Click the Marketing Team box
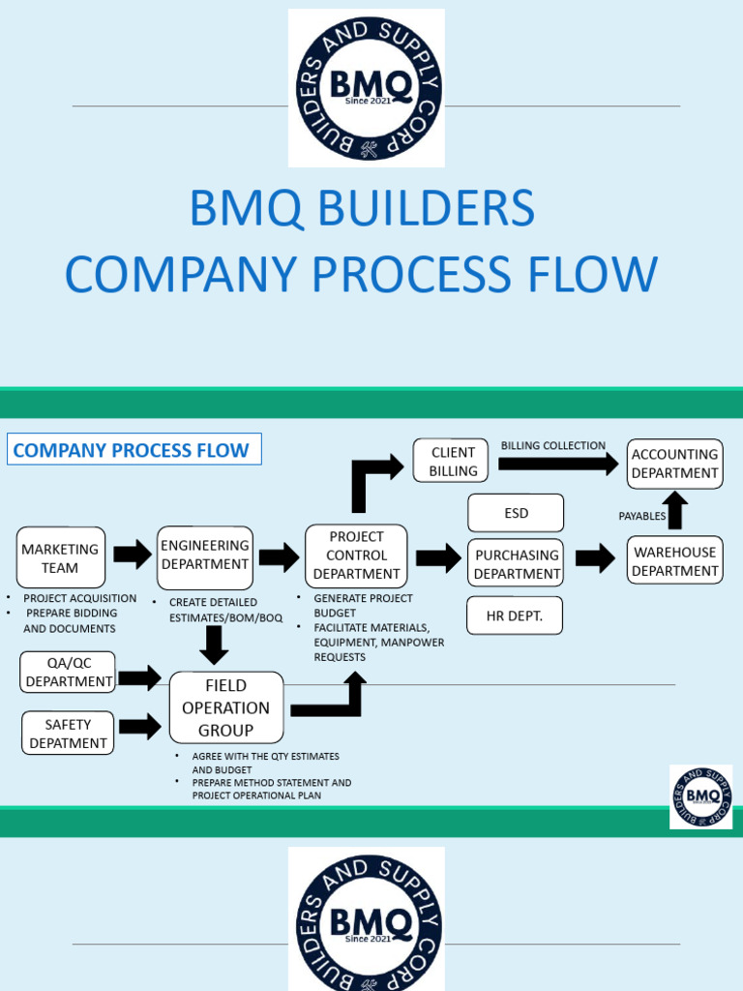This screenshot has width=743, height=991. pos(61,557)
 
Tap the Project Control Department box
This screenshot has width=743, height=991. pos(356,556)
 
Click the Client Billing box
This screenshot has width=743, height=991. pos(453,462)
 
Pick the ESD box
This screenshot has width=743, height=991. pos(516,513)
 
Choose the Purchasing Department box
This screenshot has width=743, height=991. pos(516,564)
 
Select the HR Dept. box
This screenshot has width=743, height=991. pos(515,616)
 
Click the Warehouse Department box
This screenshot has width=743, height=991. pos(675,561)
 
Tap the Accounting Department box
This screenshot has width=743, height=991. pos(675,464)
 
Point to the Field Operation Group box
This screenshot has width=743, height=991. pos(226,707)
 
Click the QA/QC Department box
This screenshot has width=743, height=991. pos(68,672)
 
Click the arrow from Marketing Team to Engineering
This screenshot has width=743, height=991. pos(133,555)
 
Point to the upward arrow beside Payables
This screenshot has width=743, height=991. pos(676,510)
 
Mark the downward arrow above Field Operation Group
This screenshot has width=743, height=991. pos(216,644)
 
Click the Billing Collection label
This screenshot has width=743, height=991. pos(552,446)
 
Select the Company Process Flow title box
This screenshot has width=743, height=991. pos(134,450)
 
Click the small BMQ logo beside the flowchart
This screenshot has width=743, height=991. pos(700,796)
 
